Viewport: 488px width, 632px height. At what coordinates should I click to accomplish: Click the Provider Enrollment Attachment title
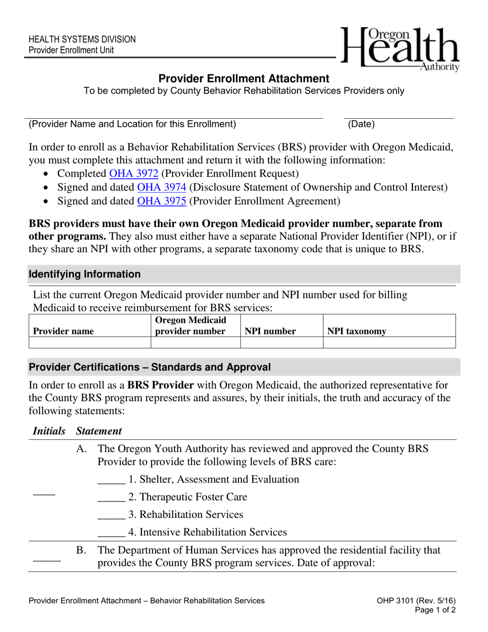tap(243, 79)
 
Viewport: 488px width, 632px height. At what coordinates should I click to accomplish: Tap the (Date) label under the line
tap(361, 124)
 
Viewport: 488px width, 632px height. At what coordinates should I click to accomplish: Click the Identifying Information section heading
tap(85, 274)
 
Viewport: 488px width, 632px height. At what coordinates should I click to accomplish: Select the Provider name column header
tap(64, 331)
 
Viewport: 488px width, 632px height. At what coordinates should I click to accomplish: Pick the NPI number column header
tap(270, 331)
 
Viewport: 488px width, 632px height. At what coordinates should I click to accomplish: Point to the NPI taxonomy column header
tap(356, 331)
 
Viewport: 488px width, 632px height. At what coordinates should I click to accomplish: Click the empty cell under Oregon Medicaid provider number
tap(195, 343)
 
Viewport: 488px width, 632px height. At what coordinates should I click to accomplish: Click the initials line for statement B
tap(47, 560)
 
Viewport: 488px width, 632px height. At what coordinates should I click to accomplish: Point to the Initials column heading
tap(49, 431)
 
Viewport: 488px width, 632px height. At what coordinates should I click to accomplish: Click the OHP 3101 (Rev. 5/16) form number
tap(416, 601)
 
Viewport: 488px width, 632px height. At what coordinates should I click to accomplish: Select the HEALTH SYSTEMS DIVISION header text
tap(82, 40)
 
